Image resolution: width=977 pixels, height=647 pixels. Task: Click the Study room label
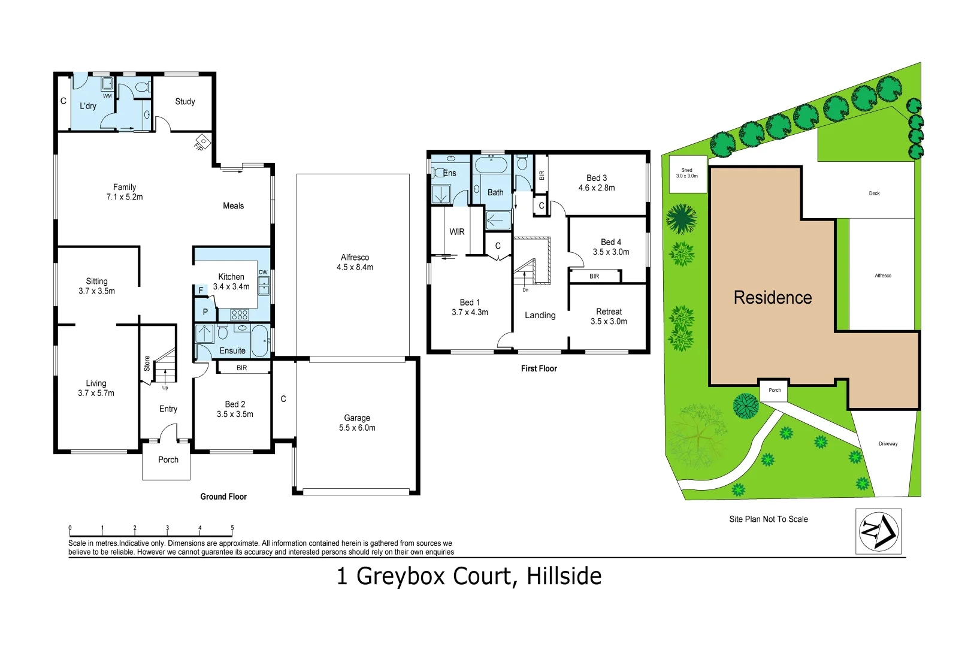coord(185,102)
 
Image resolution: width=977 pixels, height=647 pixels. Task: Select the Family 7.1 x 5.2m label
coord(125,192)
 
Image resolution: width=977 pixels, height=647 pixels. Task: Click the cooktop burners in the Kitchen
coord(240,315)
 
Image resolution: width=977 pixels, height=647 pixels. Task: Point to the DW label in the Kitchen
coord(263,273)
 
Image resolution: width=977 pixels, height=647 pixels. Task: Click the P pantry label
coord(205,312)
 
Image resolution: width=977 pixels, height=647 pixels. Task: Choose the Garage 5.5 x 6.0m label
coord(357,423)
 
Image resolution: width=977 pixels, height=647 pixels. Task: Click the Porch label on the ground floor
coord(168,460)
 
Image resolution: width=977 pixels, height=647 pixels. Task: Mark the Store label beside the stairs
coord(147,364)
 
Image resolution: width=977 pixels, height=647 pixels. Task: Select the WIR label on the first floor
coord(457,232)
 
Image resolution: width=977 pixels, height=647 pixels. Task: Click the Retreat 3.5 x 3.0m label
coord(609,316)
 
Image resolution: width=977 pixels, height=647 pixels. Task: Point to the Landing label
coord(540,315)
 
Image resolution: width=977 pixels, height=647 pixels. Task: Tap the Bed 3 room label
coord(597,178)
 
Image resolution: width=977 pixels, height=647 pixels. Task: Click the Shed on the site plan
coord(687,174)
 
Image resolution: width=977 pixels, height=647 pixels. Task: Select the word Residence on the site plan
coord(773,298)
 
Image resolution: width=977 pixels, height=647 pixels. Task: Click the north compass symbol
coord(878,531)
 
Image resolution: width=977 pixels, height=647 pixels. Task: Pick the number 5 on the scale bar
coord(232,528)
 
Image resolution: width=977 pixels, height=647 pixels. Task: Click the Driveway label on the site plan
coord(888,444)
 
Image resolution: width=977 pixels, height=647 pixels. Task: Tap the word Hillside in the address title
coord(564,576)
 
